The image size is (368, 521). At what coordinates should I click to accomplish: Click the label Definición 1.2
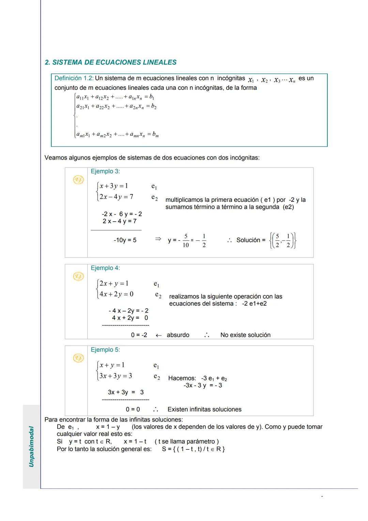(74, 78)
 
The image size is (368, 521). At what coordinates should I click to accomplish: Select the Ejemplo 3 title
(105, 172)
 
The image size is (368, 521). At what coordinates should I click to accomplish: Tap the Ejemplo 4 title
(105, 268)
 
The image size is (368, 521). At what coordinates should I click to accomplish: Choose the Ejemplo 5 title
(105, 350)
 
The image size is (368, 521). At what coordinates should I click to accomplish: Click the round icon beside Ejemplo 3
(78, 180)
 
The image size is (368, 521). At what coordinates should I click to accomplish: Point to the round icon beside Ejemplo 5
(78, 358)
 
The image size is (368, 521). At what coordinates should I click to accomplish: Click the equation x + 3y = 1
(114, 186)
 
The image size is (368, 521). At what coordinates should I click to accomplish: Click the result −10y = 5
(125, 240)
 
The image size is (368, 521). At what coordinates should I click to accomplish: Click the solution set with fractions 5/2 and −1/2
(282, 240)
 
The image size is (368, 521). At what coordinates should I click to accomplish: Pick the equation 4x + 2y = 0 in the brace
(116, 294)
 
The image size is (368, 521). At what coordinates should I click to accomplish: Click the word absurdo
(178, 335)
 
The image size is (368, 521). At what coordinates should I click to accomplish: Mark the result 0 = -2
(139, 335)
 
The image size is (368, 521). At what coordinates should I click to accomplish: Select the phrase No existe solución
(245, 335)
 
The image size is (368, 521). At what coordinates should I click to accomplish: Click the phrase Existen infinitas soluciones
(204, 410)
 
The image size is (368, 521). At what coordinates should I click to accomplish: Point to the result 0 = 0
(133, 410)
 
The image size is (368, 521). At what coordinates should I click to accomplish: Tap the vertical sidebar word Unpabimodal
(31, 446)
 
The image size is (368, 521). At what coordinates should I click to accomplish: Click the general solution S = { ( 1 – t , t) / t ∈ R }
(193, 449)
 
